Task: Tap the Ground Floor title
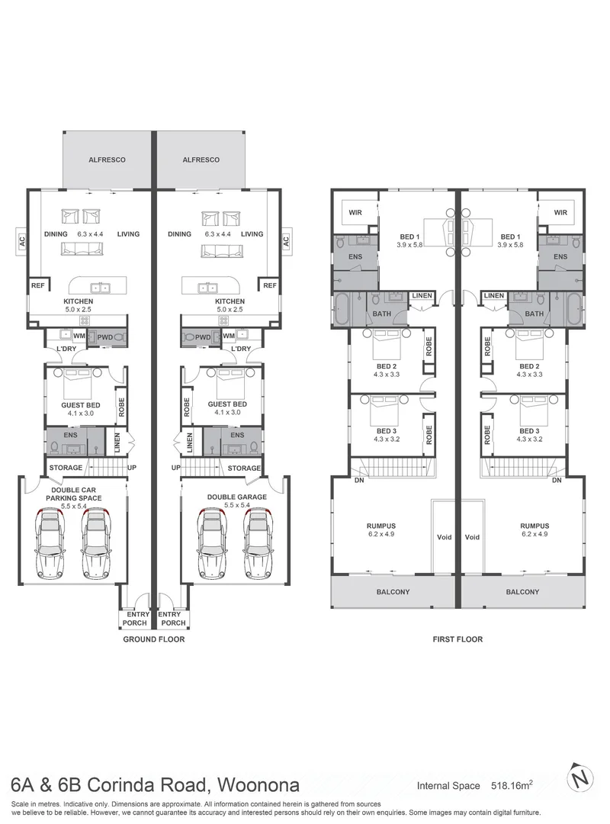[154, 639]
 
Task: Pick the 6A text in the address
[25, 785]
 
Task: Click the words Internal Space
[448, 786]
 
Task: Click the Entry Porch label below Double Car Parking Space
[135, 619]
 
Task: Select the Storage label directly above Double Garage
[244, 468]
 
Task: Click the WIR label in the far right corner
[561, 212]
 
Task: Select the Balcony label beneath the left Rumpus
[393, 592]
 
